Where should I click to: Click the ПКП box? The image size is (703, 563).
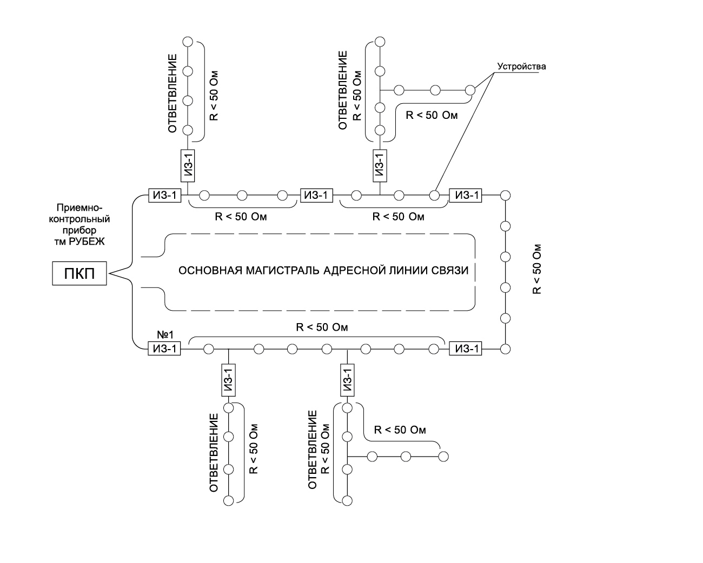(x=79, y=274)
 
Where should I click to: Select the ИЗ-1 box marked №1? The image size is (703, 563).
(x=164, y=349)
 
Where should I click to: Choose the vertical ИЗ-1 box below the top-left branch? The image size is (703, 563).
(x=188, y=166)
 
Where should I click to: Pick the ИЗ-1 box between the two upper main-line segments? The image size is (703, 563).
(x=316, y=195)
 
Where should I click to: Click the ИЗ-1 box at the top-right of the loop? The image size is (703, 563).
(x=466, y=195)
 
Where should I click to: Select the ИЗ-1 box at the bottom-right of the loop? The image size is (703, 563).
(x=465, y=349)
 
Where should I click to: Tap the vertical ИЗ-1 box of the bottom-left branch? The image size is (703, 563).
(x=229, y=380)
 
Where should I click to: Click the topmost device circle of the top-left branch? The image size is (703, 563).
(x=188, y=41)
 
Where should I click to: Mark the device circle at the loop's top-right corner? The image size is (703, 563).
(x=506, y=195)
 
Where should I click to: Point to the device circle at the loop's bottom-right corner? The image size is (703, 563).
(x=506, y=349)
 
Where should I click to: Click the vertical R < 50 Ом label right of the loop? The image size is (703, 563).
(x=537, y=269)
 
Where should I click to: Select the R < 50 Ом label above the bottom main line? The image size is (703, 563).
(x=322, y=327)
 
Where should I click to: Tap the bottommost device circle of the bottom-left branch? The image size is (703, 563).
(x=229, y=500)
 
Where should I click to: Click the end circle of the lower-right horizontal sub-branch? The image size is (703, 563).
(x=443, y=456)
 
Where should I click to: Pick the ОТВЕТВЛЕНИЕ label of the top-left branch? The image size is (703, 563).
(x=173, y=93)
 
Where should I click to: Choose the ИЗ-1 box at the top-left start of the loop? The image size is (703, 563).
(x=164, y=195)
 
